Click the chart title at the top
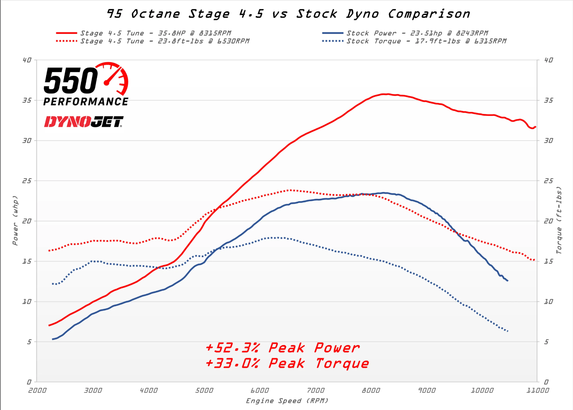click(288, 14)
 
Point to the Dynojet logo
click(83, 122)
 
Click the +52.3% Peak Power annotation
click(282, 348)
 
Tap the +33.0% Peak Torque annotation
click(287, 364)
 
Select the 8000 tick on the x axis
click(371, 390)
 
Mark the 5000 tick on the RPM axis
click(204, 390)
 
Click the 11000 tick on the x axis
click(537, 390)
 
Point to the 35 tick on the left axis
click(27, 100)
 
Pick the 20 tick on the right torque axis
click(548, 221)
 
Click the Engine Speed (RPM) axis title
click(287, 401)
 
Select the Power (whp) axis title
click(15, 220)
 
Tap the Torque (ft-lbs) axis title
click(559, 220)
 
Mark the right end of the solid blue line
click(508, 281)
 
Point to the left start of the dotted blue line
click(53, 284)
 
